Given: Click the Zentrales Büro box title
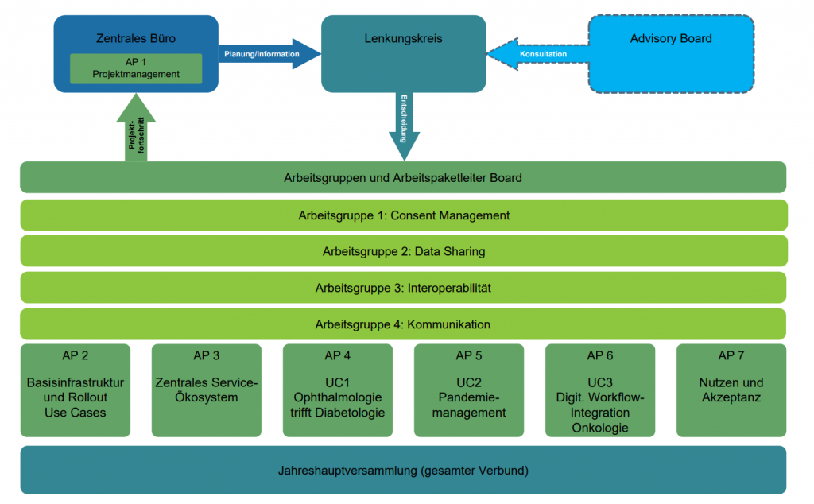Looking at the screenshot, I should [x=136, y=37].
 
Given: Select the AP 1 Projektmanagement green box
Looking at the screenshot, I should [x=136, y=68].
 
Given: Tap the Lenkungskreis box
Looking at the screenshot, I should [x=403, y=52].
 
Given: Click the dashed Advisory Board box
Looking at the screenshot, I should [x=670, y=52].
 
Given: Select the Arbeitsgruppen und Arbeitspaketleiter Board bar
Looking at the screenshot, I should [x=403, y=177].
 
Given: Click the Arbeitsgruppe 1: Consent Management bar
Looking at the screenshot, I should [x=403, y=215].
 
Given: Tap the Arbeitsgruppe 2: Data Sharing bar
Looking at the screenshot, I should [x=403, y=251].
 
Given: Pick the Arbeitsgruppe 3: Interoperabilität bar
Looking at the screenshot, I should [x=403, y=288].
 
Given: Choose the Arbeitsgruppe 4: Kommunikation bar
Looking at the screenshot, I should [x=403, y=324].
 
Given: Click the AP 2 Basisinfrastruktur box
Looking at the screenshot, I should [x=76, y=390].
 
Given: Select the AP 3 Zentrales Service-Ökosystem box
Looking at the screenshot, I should [x=207, y=390].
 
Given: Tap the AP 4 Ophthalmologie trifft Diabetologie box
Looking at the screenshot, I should [x=338, y=390].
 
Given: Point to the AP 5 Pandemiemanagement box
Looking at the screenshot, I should [x=469, y=390].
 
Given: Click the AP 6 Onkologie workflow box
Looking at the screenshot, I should [x=600, y=390].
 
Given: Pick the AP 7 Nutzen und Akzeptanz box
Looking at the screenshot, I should [x=731, y=390].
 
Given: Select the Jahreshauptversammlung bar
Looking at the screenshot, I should [x=403, y=470].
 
